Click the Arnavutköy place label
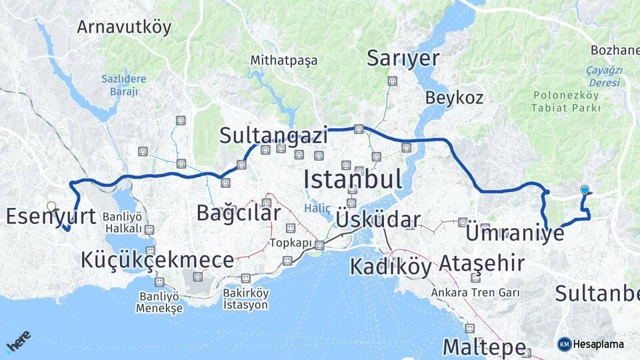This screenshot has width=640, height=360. coord(124,27)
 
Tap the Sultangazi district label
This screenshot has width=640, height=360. coord(274,137)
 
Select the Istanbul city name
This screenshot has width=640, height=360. coord(352,179)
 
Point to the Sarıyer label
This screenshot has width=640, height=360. coord(403,58)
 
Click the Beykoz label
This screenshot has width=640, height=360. coord(454,98)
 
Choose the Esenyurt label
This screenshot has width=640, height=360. coord(51,215)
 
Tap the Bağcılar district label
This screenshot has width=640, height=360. coord(238,213)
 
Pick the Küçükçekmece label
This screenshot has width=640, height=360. coord(157,260)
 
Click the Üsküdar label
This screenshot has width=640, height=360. coord(378,220)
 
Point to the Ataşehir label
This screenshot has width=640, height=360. coord(481,264)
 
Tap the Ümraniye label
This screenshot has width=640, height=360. coord(515,234)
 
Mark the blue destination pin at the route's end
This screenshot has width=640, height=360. coord(585,190)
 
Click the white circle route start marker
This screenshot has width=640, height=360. coord(51,207)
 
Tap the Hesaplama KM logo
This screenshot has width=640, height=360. coord(591,344)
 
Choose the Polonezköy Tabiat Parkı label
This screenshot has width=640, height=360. coord(565,101)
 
